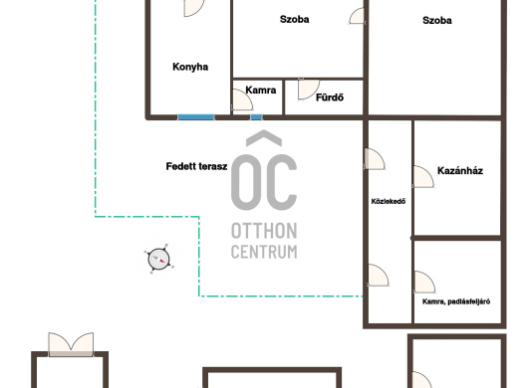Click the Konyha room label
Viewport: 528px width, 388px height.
click(x=190, y=67)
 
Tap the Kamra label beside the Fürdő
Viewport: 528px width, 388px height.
click(x=261, y=91)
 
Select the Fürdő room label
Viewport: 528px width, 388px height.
click(x=330, y=97)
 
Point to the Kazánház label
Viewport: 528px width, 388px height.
click(x=460, y=171)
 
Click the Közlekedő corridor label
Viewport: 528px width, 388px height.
click(x=389, y=201)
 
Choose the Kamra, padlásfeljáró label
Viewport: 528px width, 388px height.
click(x=456, y=301)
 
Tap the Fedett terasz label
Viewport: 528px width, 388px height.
click(x=196, y=166)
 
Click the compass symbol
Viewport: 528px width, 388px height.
click(x=159, y=260)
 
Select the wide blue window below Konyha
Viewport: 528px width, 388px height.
click(x=196, y=117)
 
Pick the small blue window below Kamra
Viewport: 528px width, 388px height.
click(x=256, y=117)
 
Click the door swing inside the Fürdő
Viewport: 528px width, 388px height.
click(x=308, y=90)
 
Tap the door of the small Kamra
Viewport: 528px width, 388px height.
click(x=242, y=99)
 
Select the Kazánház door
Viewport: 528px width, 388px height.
click(x=423, y=176)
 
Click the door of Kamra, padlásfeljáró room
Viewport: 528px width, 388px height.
click(x=424, y=282)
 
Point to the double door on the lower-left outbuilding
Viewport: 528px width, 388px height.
click(x=71, y=344)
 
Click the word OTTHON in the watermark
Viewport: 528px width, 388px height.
click(x=264, y=231)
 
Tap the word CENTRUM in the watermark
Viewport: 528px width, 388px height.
click(x=264, y=252)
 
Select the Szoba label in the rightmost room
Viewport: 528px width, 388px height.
click(x=437, y=21)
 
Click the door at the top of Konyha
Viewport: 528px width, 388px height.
click(x=194, y=8)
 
